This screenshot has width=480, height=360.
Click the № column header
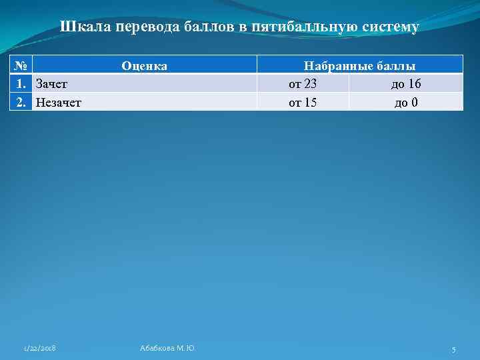coord(21,65)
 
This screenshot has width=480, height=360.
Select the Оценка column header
coord(144,65)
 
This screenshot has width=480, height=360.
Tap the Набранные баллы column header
coord(359,65)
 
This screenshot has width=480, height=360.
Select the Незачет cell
coord(63,102)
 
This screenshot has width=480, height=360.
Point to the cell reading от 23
coord(303,83)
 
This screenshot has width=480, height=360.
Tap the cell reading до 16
coord(405,83)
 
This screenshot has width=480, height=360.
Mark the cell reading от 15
coord(303,102)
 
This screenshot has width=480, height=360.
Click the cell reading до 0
coord(406,102)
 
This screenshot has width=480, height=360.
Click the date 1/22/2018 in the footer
coord(39,349)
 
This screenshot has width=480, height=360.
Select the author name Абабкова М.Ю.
coord(167,349)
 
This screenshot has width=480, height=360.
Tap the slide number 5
coord(453,349)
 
